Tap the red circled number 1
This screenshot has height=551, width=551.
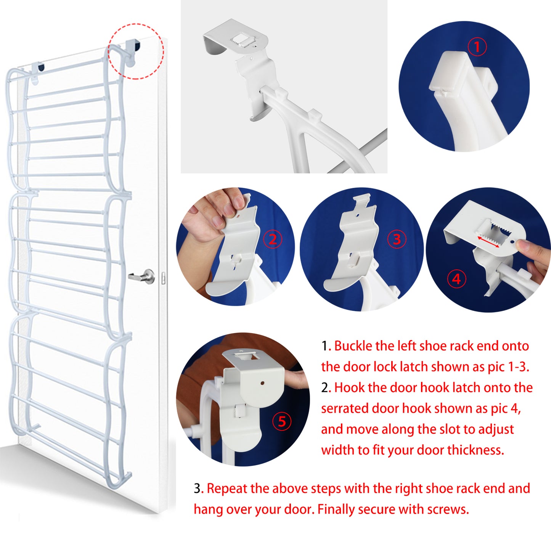click(x=477, y=47)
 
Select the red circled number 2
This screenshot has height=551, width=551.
click(x=273, y=239)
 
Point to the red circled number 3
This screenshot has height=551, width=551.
click(x=397, y=239)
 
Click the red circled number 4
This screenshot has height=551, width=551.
click(x=456, y=279)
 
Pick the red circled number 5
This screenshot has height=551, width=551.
click(x=282, y=421)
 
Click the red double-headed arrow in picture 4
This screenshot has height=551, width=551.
click(x=488, y=242)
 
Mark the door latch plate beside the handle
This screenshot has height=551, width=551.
click(x=163, y=278)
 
